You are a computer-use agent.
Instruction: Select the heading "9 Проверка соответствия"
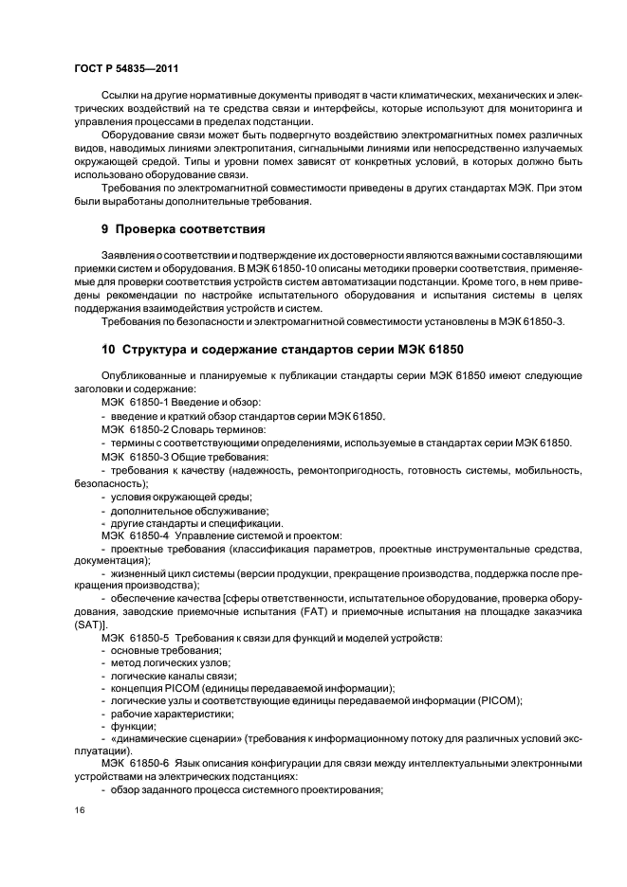(x=182, y=229)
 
